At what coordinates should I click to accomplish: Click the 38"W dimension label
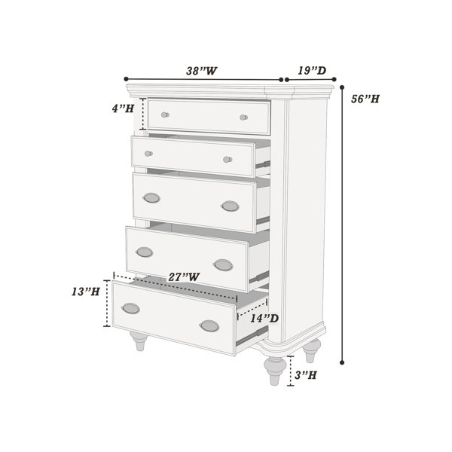201,71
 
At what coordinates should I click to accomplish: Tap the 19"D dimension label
312,70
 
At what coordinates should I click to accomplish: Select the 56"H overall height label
365,99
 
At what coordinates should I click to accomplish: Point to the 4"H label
123,108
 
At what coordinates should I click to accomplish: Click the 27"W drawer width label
184,277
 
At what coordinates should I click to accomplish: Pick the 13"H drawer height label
86,292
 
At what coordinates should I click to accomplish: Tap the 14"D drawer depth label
264,318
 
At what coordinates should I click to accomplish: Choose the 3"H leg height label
306,375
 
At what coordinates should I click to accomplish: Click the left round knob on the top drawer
165,115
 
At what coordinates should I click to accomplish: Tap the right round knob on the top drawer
243,118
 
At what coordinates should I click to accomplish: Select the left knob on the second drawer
148,154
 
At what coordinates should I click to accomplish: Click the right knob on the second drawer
228,160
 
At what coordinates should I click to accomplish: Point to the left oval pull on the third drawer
151,198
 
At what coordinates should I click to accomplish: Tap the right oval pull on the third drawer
230,206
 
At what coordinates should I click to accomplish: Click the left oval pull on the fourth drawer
145,252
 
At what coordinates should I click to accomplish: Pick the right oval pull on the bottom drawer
209,326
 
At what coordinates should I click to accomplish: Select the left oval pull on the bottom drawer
131,309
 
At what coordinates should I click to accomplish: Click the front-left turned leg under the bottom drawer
139,341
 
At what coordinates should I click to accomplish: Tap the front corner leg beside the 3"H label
275,371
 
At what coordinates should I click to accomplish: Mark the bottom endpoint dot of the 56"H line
342,362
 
